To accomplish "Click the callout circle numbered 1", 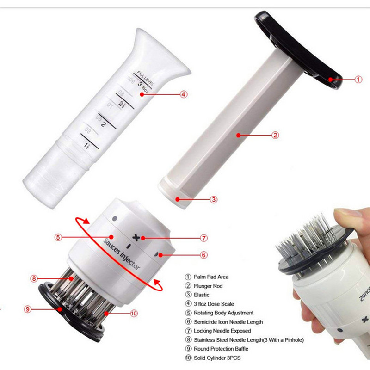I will point(358,80).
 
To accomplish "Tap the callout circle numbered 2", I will point(275,135).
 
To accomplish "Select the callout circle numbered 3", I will point(214,200).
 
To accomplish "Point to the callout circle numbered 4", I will point(184,94).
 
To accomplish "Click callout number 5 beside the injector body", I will point(58,237).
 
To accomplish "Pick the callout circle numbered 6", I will point(204,254).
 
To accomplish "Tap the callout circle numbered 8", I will point(34,278).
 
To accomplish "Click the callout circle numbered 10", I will point(134,313).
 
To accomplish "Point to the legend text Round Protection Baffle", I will point(221,349).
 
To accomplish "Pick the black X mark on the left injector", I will point(136,237).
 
